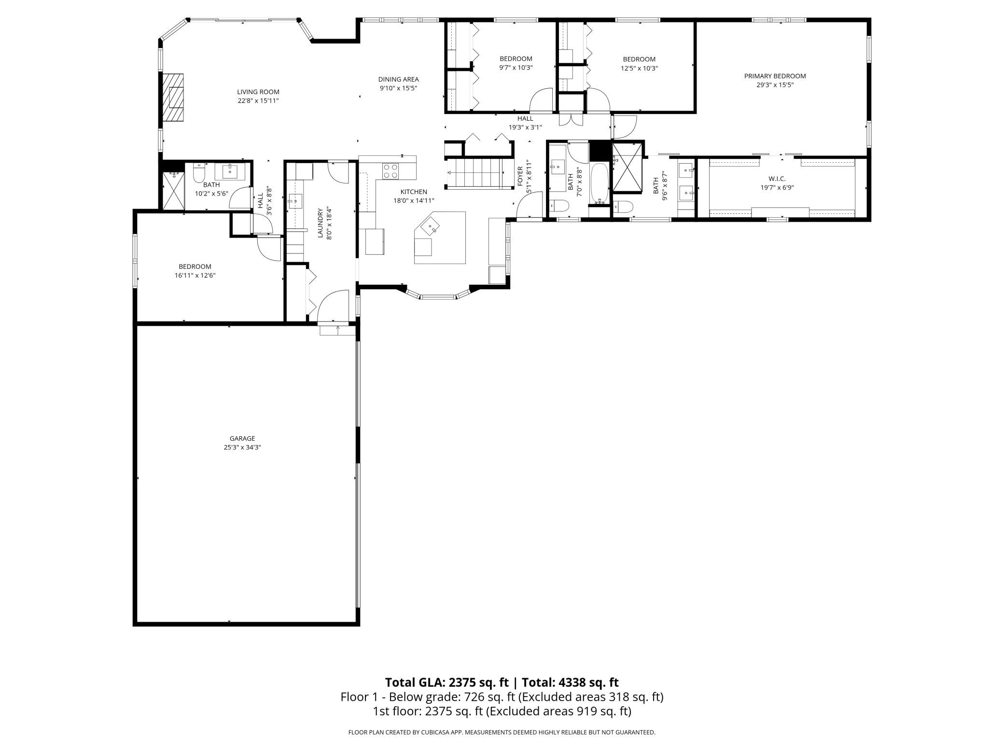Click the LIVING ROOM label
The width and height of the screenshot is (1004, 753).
258,92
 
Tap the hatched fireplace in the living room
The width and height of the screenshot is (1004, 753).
173,98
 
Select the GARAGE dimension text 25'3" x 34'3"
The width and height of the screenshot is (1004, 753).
242,447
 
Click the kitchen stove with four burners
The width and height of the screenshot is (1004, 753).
390,171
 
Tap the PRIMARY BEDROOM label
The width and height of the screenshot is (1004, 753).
775,76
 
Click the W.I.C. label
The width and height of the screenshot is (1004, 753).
777,179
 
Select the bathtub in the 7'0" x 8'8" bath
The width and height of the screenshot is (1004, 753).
600,183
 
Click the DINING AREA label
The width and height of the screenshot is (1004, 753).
398,79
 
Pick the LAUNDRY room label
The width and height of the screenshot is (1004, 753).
320,223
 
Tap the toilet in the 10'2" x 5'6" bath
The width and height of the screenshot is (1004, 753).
199,173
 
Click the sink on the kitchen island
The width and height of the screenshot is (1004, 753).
430,226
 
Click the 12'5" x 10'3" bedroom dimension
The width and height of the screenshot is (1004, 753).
639,69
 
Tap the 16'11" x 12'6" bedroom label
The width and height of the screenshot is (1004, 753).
195,266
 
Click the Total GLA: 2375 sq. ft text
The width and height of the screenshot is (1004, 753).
446,683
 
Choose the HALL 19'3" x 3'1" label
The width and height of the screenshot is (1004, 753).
525,119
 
